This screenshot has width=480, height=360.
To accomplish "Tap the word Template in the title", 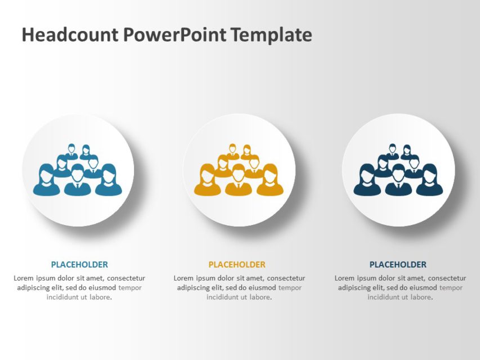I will pyautogui.click(x=271, y=35).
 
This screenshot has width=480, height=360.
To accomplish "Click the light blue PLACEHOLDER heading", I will pyautogui.click(x=79, y=264).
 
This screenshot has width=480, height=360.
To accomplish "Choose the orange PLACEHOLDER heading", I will pyautogui.click(x=237, y=264).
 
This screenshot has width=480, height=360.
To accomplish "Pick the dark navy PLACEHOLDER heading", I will pyautogui.click(x=398, y=264).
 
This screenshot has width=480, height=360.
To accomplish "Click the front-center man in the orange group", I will pyautogui.click(x=239, y=181).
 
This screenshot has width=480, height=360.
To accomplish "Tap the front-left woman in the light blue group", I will pyautogui.click(x=46, y=181).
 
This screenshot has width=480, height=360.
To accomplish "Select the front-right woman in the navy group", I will pyautogui.click(x=430, y=181).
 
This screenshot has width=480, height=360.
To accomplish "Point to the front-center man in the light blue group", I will pyautogui.click(x=78, y=181).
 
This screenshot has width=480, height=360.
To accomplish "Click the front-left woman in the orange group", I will pyautogui.click(x=207, y=181).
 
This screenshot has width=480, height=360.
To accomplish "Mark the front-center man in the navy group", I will pyautogui.click(x=398, y=181).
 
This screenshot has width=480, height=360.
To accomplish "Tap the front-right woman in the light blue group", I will pyautogui.click(x=109, y=181).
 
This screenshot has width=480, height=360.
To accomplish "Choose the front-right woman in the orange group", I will pyautogui.click(x=270, y=181).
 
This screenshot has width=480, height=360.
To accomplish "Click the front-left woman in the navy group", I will pyautogui.click(x=367, y=181).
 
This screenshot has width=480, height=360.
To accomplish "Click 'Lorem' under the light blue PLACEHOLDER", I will pyautogui.click(x=24, y=278).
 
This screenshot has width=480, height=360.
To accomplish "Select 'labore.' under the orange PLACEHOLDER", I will pyautogui.click(x=260, y=297).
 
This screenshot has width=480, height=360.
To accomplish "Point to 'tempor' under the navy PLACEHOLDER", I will pyautogui.click(x=451, y=287).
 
